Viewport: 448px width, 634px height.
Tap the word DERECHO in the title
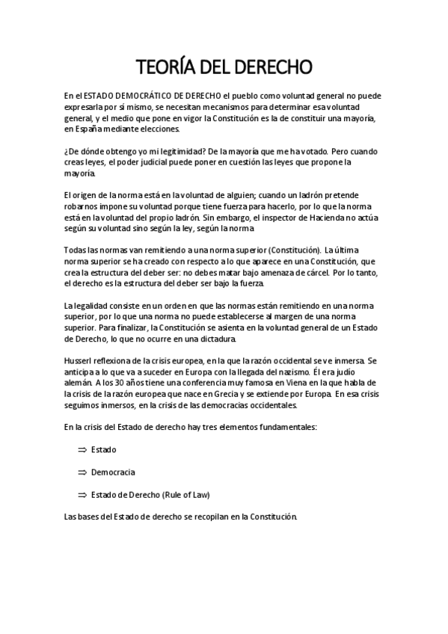(x=269, y=67)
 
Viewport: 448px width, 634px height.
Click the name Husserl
(x=79, y=360)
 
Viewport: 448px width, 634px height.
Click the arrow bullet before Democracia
(x=82, y=473)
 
